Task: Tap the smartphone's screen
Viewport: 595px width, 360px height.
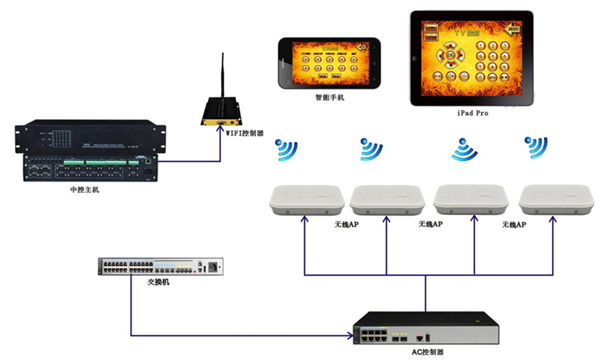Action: click(x=327, y=63)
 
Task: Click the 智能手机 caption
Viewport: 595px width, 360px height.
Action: click(x=329, y=97)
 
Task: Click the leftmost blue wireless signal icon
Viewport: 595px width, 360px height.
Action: click(x=286, y=150)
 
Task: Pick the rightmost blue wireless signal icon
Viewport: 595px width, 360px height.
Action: click(x=535, y=147)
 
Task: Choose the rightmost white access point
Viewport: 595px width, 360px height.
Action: click(x=556, y=199)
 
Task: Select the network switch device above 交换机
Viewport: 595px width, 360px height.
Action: click(x=161, y=266)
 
